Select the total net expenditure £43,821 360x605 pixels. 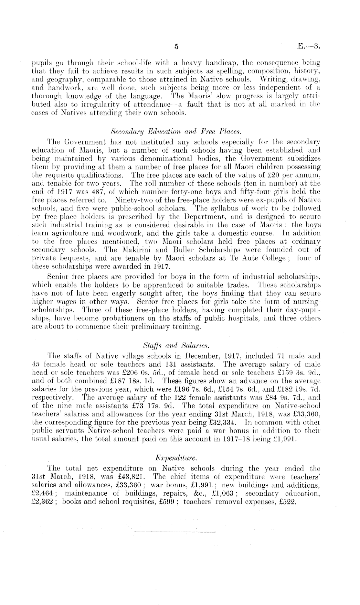tap(134, 477)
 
